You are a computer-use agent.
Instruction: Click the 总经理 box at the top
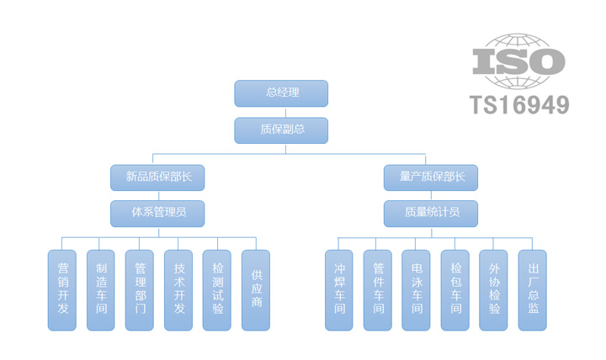[281, 93]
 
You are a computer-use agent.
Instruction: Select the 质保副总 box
[281, 130]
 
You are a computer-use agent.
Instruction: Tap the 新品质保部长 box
[157, 177]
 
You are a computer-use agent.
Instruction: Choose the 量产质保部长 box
[430, 177]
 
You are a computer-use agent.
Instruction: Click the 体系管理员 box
[157, 213]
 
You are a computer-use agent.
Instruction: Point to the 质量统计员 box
[430, 213]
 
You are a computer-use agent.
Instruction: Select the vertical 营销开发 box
[62, 289]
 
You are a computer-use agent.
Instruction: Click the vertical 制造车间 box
[101, 289]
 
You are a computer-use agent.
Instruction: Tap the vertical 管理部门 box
[140, 289]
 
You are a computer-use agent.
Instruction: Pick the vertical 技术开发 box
[178, 289]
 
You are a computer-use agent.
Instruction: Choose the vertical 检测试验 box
[217, 289]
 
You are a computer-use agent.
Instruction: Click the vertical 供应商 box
[256, 289]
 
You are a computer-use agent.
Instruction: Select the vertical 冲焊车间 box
[339, 289]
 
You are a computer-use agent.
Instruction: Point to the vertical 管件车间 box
[378, 289]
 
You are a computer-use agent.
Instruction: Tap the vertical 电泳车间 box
[417, 289]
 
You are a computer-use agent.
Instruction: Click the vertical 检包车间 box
[455, 289]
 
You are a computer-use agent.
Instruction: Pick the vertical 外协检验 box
[494, 289]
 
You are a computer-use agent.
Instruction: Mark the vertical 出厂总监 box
[533, 289]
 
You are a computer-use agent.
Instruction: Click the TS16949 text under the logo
[518, 104]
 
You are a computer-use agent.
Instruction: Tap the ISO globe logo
[518, 61]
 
